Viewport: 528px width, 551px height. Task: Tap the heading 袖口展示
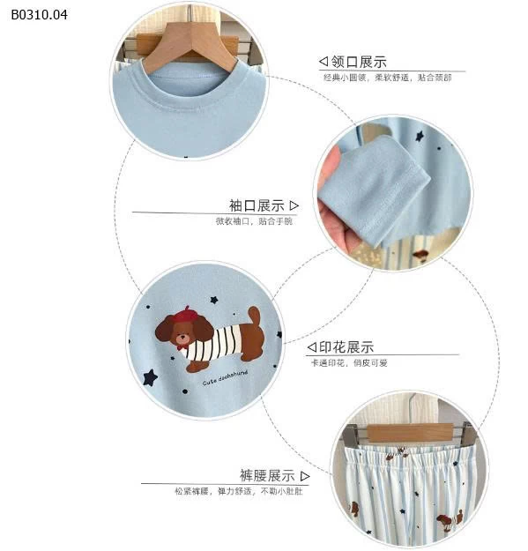point(257,205)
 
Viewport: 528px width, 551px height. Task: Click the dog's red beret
point(186,314)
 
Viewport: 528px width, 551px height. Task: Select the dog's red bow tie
point(182,345)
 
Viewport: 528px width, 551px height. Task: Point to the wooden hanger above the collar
point(190,44)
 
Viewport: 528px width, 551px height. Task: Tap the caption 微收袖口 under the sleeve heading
point(234,221)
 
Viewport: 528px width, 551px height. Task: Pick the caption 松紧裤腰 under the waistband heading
point(192,490)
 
